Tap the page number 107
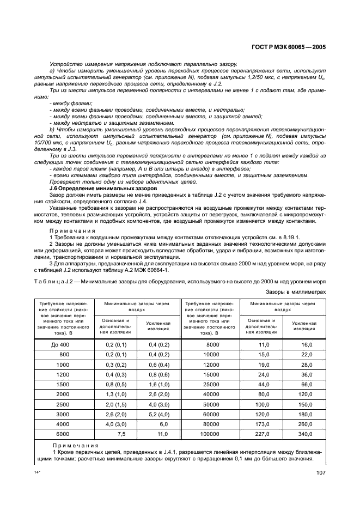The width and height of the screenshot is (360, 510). pos(320,473)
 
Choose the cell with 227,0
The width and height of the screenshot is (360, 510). pos(264,434)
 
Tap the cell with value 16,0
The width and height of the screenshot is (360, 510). pos(306,345)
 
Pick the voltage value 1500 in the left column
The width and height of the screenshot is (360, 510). pos(63,384)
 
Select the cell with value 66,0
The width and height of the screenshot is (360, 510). pos(306,384)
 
